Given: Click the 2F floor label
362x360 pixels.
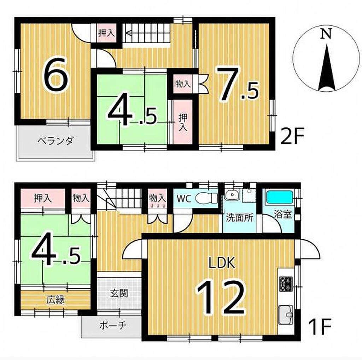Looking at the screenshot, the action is (x=292, y=136).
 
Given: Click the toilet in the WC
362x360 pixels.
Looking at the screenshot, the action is (x=206, y=198).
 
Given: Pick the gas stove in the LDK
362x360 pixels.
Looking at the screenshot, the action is (x=286, y=284).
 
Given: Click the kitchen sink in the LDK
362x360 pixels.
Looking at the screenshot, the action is (x=286, y=315).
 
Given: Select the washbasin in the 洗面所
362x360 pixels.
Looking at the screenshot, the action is (x=232, y=196).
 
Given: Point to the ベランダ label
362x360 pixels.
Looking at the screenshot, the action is (x=56, y=140).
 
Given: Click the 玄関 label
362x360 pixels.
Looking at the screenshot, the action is (x=119, y=294).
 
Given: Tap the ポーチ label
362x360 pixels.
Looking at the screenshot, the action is (x=113, y=326).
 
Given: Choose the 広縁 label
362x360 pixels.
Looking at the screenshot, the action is (x=56, y=300).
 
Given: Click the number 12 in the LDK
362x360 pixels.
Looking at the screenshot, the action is (x=221, y=298).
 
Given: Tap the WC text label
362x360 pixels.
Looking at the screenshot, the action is (x=184, y=199).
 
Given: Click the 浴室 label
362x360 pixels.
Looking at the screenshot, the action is (x=283, y=214).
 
